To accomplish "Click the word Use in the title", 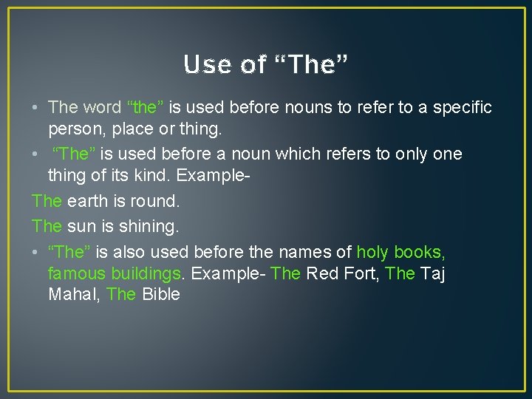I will coord(205,65).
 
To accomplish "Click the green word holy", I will coord(372,253).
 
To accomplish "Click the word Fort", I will coord(365,273).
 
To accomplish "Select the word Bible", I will coord(161,294).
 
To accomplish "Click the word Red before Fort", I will coord(322,273).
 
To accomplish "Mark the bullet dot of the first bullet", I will coord(36,108).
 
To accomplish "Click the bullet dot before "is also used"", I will coord(36,253).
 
